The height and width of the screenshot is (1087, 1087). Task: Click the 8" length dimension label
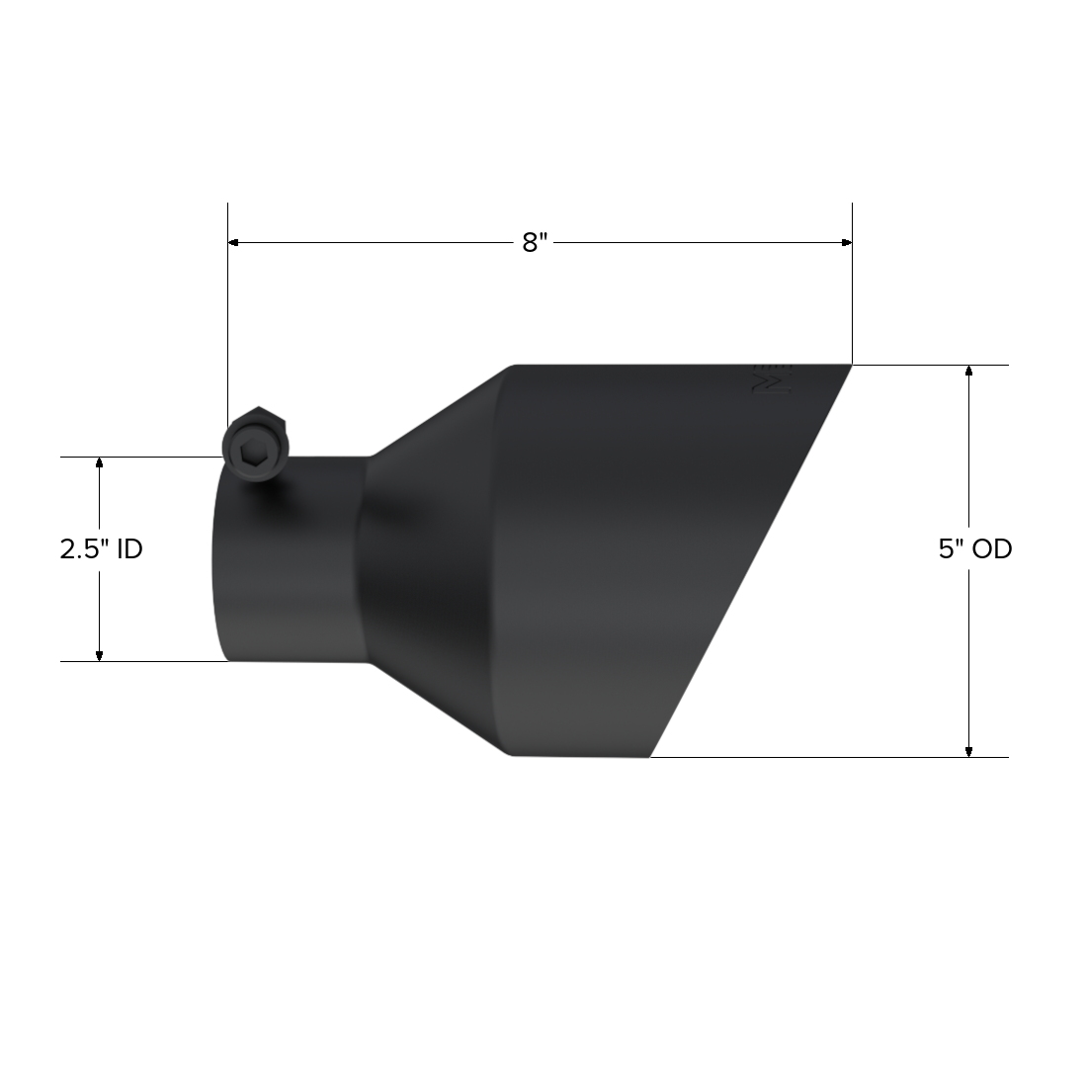click(535, 243)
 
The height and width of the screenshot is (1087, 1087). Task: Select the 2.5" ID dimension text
click(101, 549)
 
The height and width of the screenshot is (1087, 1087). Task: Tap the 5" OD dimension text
click(975, 549)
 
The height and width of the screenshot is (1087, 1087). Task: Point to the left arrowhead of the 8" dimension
click(233, 243)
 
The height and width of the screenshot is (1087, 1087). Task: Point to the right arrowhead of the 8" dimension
click(847, 243)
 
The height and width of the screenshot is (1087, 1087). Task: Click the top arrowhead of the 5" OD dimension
click(968, 371)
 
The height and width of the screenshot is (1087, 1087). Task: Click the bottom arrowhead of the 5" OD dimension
click(968, 751)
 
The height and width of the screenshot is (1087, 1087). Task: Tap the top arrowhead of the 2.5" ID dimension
click(99, 463)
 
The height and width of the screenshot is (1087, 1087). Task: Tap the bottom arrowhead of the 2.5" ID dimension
click(99, 655)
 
